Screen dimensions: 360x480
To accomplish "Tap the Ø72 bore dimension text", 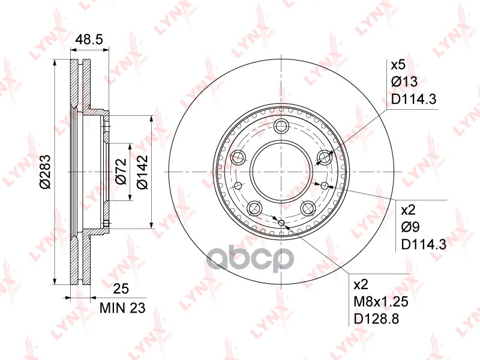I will point(119,172).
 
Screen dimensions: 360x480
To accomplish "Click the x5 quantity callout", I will point(398,65).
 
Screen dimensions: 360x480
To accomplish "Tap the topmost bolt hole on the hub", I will point(281,126).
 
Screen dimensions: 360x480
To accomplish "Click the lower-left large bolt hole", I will point(255,208).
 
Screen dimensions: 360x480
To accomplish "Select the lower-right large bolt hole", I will point(308,208).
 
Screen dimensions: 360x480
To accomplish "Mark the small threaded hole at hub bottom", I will point(281,223).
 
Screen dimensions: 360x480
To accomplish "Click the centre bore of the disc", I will point(281,172).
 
